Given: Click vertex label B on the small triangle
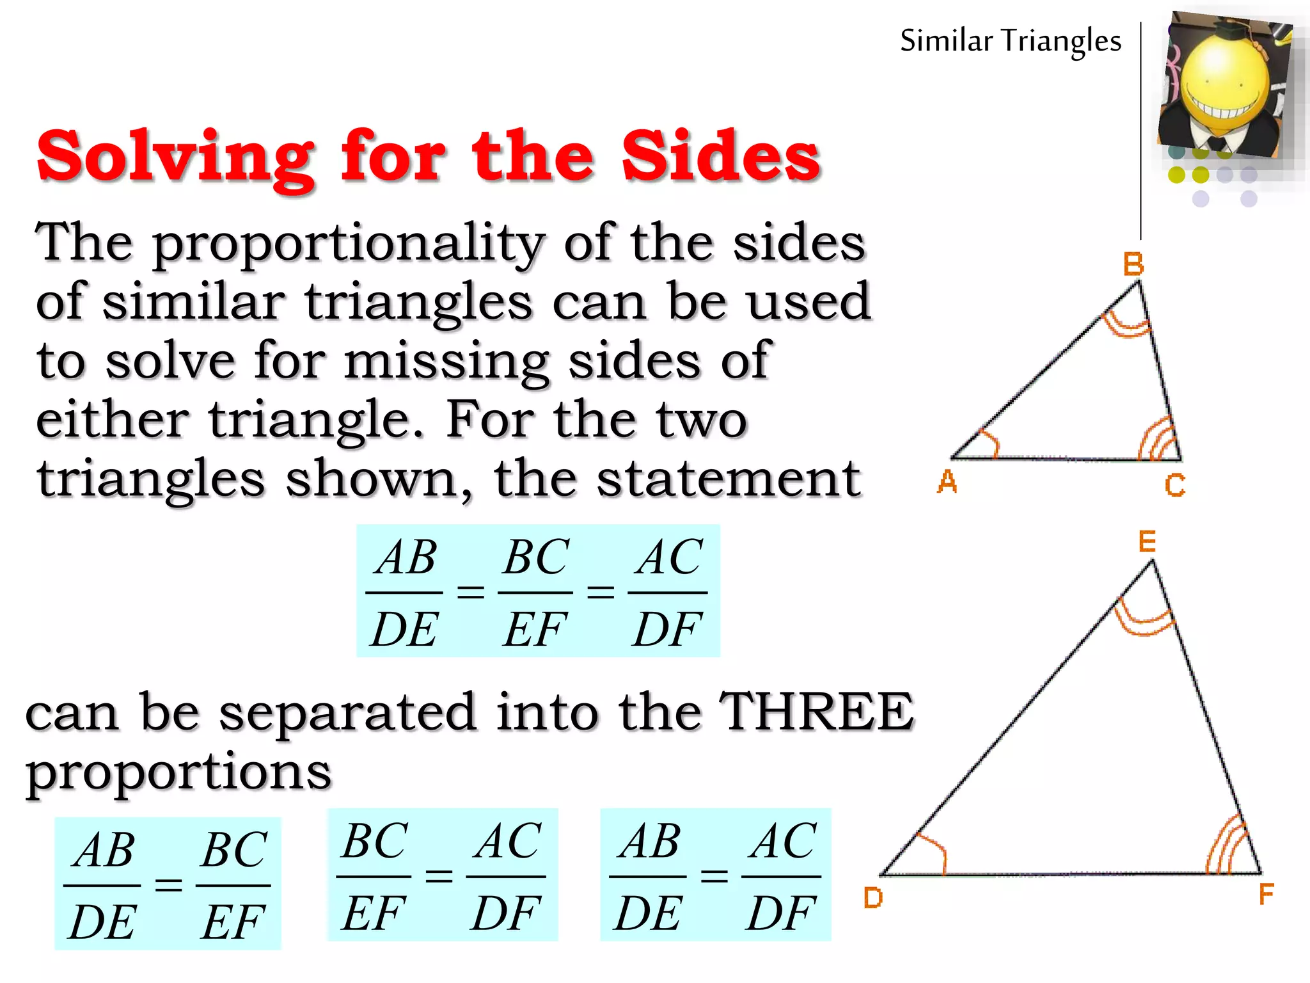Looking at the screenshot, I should coord(1133,264).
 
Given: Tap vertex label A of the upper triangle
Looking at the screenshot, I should coord(947,482).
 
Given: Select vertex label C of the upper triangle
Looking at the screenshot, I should coord(1175,485).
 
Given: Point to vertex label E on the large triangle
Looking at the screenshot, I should coord(1147,542).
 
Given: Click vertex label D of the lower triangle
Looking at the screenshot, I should coord(873,898).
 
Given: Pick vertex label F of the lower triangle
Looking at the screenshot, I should coord(1266,894).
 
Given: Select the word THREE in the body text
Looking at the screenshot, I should coord(817,712).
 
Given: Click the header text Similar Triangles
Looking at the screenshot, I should coord(1011,41).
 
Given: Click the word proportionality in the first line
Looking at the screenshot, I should coord(349,243).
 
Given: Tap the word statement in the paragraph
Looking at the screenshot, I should coord(729,479).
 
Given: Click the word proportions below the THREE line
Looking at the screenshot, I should coord(178,772).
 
